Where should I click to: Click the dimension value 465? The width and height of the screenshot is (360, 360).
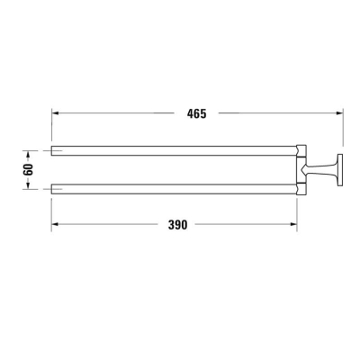(x=198, y=113)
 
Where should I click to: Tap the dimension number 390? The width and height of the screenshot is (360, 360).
(x=177, y=225)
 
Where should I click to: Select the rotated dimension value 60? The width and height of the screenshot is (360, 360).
(x=28, y=168)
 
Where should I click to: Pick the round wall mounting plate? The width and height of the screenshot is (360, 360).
(x=340, y=168)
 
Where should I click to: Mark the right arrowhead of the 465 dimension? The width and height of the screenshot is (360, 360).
(x=339, y=113)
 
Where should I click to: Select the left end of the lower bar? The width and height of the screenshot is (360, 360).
(x=52, y=188)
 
